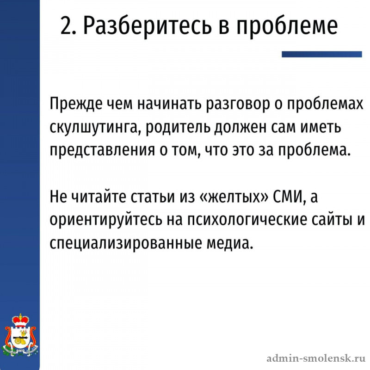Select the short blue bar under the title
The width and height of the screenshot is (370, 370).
(x=321, y=54)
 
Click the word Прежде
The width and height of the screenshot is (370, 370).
(x=76, y=104)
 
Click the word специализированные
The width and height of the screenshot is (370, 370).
(x=125, y=244)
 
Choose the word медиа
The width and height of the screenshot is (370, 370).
(x=228, y=243)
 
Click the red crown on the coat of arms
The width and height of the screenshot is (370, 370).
(x=20, y=321)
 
